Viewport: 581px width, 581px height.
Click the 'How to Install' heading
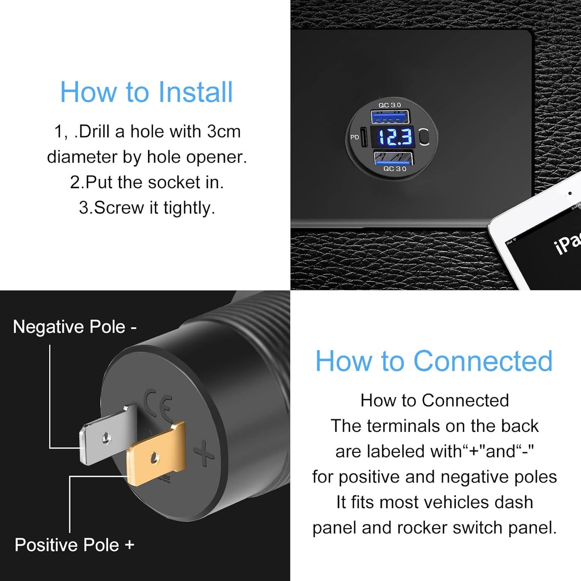click(146, 92)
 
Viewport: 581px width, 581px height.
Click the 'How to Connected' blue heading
click(434, 361)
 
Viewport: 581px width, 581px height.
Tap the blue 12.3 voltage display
click(394, 137)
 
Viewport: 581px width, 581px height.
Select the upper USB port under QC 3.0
click(390, 117)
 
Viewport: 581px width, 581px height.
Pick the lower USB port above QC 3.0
click(393, 158)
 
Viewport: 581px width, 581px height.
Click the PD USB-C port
click(363, 138)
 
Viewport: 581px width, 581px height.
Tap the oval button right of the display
click(424, 137)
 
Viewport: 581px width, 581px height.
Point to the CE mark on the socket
click(159, 404)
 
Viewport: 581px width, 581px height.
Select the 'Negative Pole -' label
click(75, 327)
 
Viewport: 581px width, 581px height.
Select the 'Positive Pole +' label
click(74, 545)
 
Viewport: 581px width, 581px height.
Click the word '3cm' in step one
click(224, 131)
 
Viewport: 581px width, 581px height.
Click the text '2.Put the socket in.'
click(147, 182)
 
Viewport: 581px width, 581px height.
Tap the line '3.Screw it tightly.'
click(147, 208)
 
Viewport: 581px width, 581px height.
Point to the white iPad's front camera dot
click(570, 194)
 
